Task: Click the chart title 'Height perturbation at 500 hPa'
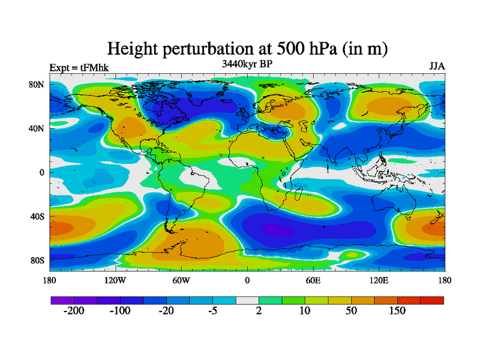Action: (x=247, y=48)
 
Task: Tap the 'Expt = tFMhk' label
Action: (x=79, y=67)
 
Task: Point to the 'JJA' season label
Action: (x=437, y=67)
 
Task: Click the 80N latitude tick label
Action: (x=37, y=84)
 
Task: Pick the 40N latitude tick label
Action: (x=37, y=128)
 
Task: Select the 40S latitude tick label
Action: (x=37, y=216)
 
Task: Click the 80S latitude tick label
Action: (x=37, y=260)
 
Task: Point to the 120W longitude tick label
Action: (x=115, y=280)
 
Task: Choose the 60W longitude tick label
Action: (x=181, y=280)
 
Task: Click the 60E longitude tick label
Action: (x=313, y=280)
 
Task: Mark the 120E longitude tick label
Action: (x=379, y=280)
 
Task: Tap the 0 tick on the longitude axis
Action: (x=247, y=280)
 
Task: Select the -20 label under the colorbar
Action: (x=166, y=311)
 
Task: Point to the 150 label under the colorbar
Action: (x=397, y=311)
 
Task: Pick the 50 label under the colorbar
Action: (x=352, y=311)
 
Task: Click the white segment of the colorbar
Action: (x=247, y=300)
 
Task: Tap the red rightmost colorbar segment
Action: (x=432, y=300)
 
